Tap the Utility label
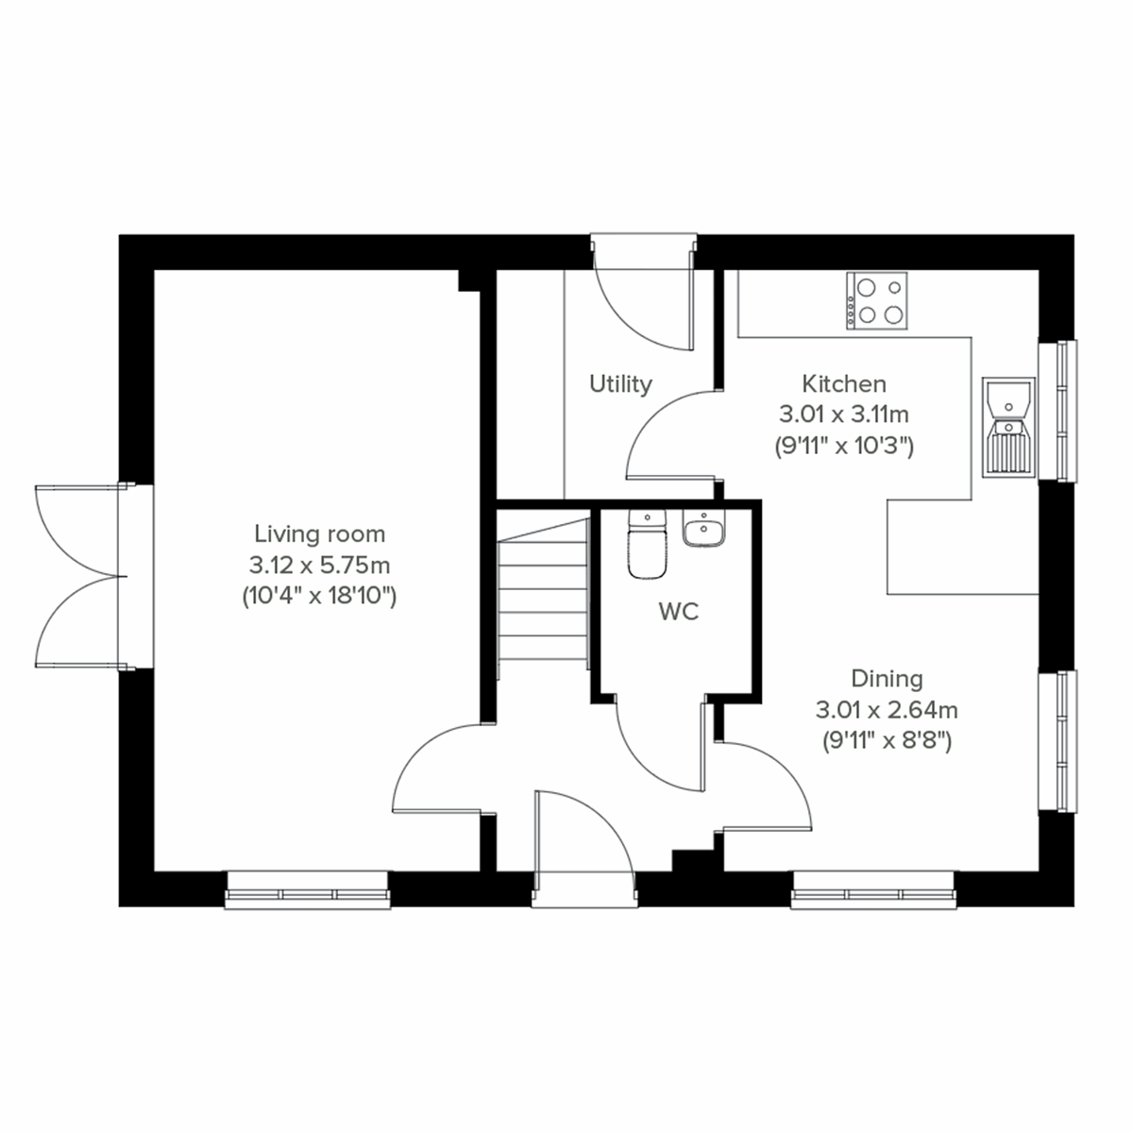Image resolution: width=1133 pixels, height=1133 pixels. [620, 384]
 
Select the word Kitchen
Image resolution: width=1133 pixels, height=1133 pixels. [844, 383]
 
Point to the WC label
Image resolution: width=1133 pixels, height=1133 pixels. [678, 612]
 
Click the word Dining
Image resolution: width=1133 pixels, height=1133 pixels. [887, 678]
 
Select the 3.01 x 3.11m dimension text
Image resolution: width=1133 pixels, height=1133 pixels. [843, 414]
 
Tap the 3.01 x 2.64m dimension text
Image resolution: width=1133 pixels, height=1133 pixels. [887, 709]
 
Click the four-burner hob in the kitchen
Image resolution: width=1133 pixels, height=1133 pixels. [877, 300]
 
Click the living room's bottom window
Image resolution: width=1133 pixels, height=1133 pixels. [308, 889]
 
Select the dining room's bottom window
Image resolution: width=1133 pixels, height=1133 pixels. [873, 889]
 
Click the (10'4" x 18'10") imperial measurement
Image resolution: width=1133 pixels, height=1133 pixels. [318, 596]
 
